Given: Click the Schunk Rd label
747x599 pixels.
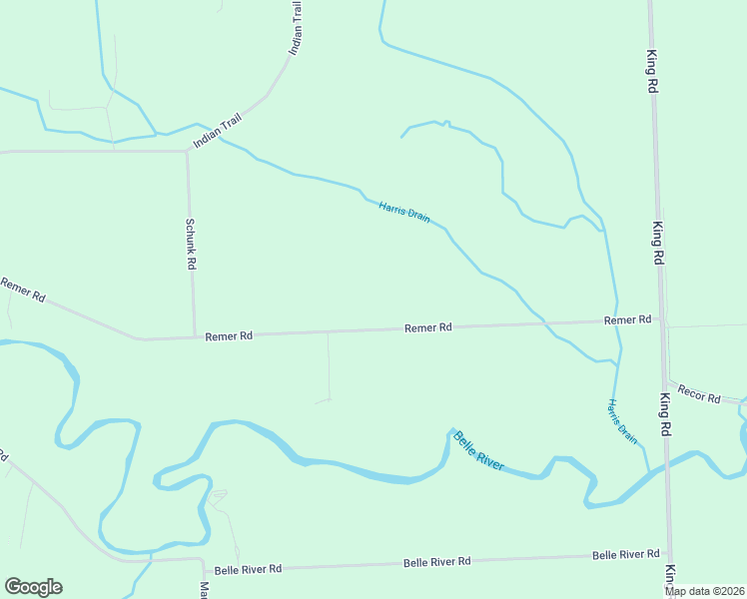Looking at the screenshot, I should click(x=191, y=245).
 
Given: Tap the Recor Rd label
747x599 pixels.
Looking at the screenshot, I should click(x=699, y=393).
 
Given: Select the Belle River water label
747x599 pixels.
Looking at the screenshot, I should click(x=478, y=451).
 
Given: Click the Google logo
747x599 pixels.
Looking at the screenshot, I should click(x=33, y=587).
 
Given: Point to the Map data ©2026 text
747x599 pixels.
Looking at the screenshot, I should click(x=705, y=591).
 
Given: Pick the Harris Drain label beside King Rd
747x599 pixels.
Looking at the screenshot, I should click(x=622, y=420).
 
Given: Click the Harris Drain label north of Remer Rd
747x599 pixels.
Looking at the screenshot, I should click(x=403, y=212).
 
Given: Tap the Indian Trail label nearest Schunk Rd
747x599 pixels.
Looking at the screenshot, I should click(x=218, y=130).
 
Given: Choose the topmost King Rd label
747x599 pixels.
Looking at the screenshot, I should click(x=651, y=73).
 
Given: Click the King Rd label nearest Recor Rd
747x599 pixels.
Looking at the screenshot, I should click(x=664, y=413).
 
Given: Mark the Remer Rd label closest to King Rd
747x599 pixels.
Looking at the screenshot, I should click(x=627, y=319).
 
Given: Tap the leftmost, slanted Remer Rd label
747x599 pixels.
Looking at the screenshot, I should click(x=23, y=291).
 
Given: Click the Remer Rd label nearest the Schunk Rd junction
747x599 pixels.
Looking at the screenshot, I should click(x=229, y=336).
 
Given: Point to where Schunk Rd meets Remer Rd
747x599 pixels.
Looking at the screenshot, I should click(x=195, y=336).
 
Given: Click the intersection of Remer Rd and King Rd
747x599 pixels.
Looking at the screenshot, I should click(x=661, y=321).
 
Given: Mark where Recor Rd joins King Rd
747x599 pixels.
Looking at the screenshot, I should click(x=665, y=383).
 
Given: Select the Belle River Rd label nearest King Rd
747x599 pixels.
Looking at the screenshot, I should click(x=625, y=554).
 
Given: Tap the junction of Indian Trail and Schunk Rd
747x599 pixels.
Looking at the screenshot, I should click(x=187, y=152).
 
